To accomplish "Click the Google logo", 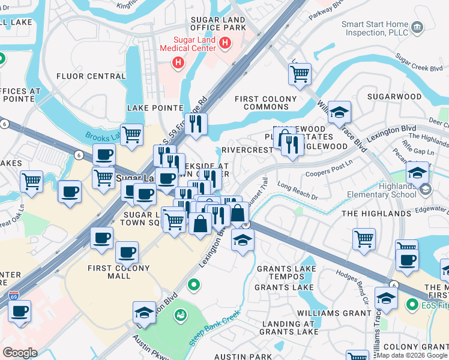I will click(x=20, y=352).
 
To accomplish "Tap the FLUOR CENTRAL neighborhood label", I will click(x=91, y=76).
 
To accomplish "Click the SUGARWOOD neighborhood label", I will click(x=394, y=96).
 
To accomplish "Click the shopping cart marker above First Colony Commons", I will click(x=300, y=74).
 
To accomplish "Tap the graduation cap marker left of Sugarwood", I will click(x=339, y=112).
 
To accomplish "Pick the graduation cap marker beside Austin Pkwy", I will click(x=145, y=313).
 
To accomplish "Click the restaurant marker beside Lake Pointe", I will click(x=196, y=124).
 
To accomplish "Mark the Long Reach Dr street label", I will click(x=298, y=190).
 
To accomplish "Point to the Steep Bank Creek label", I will click(x=215, y=328).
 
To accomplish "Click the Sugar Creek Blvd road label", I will click(x=419, y=64).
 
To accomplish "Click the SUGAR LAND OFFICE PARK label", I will click(x=218, y=23).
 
